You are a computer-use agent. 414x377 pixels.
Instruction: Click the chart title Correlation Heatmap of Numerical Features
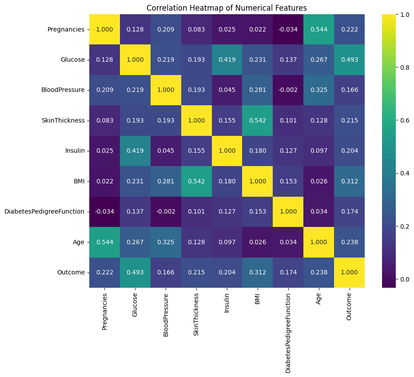coord(227,8)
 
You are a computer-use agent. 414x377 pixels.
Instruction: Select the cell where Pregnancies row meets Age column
coord(318,29)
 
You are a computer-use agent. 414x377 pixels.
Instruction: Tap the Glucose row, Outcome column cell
coord(349,60)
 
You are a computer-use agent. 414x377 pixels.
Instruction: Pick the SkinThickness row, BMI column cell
coord(258,120)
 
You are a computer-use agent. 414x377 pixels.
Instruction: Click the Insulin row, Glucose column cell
coord(135,151)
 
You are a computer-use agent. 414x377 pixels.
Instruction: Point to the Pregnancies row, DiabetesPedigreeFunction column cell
coord(288,29)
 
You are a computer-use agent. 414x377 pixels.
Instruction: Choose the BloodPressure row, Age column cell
coord(318,90)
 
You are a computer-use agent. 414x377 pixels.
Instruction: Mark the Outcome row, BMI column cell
coord(258,272)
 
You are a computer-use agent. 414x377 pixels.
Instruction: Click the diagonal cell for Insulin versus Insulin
coord(227,151)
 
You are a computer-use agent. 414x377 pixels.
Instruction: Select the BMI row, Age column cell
coord(318,181)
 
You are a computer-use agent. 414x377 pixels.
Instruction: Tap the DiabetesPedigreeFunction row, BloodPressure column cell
coord(166,211)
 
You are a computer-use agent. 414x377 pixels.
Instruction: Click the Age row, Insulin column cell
coord(227,242)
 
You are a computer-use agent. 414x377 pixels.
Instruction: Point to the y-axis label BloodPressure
coord(63,90)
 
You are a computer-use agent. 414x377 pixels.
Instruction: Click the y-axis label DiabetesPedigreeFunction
coord(44,211)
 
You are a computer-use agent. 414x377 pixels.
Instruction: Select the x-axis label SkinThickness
coord(196,314)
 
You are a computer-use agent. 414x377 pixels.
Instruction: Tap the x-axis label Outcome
coord(349,306)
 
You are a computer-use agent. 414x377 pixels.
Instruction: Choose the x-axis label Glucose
coord(135,305)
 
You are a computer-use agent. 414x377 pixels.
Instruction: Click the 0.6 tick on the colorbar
coord(404,120)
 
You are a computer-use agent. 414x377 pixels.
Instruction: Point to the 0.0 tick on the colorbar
coord(404,279)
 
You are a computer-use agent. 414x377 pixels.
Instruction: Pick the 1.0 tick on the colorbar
coord(404,15)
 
